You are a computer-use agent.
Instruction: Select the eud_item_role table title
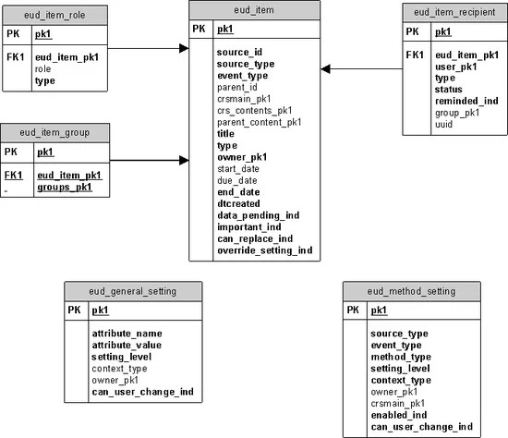pos(54,14)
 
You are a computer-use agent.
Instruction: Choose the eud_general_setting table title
pos(133,290)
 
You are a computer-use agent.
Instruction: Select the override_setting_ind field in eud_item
pos(265,249)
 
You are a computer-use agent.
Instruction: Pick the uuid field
pos(443,125)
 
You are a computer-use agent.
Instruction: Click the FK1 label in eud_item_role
pos(15,55)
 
